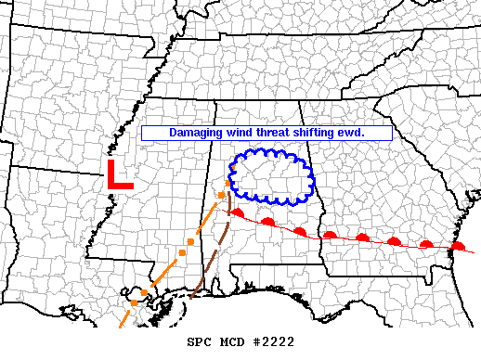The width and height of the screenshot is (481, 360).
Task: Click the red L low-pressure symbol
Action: pyautogui.click(x=118, y=175)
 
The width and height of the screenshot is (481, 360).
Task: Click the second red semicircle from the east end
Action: pyautogui.click(x=426, y=245)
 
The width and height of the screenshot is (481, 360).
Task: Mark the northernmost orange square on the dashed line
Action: pyautogui.click(x=222, y=195)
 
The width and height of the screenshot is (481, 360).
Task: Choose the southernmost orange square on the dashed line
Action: pyautogui.click(x=134, y=302)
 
